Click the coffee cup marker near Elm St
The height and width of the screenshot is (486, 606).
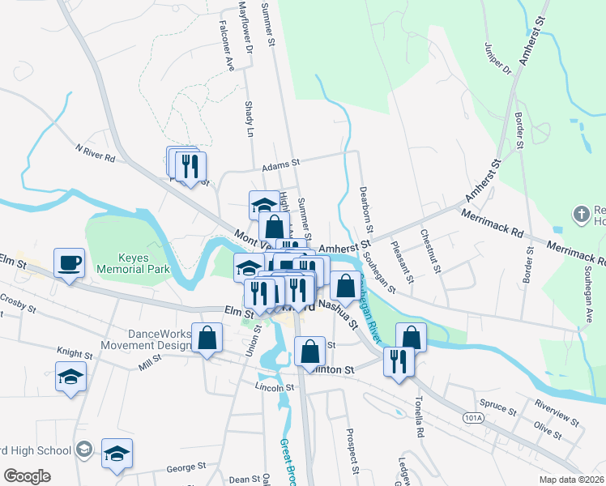point(69,262)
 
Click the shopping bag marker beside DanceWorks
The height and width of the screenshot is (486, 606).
point(207,338)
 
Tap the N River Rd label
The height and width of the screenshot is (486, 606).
point(95,153)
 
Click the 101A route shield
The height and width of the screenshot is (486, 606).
point(475,417)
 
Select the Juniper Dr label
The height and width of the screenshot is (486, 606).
point(497,58)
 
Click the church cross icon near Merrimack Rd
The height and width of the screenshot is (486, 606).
point(580,215)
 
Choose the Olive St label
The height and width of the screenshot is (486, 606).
point(548,429)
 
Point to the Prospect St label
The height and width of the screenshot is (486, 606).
point(352,450)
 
